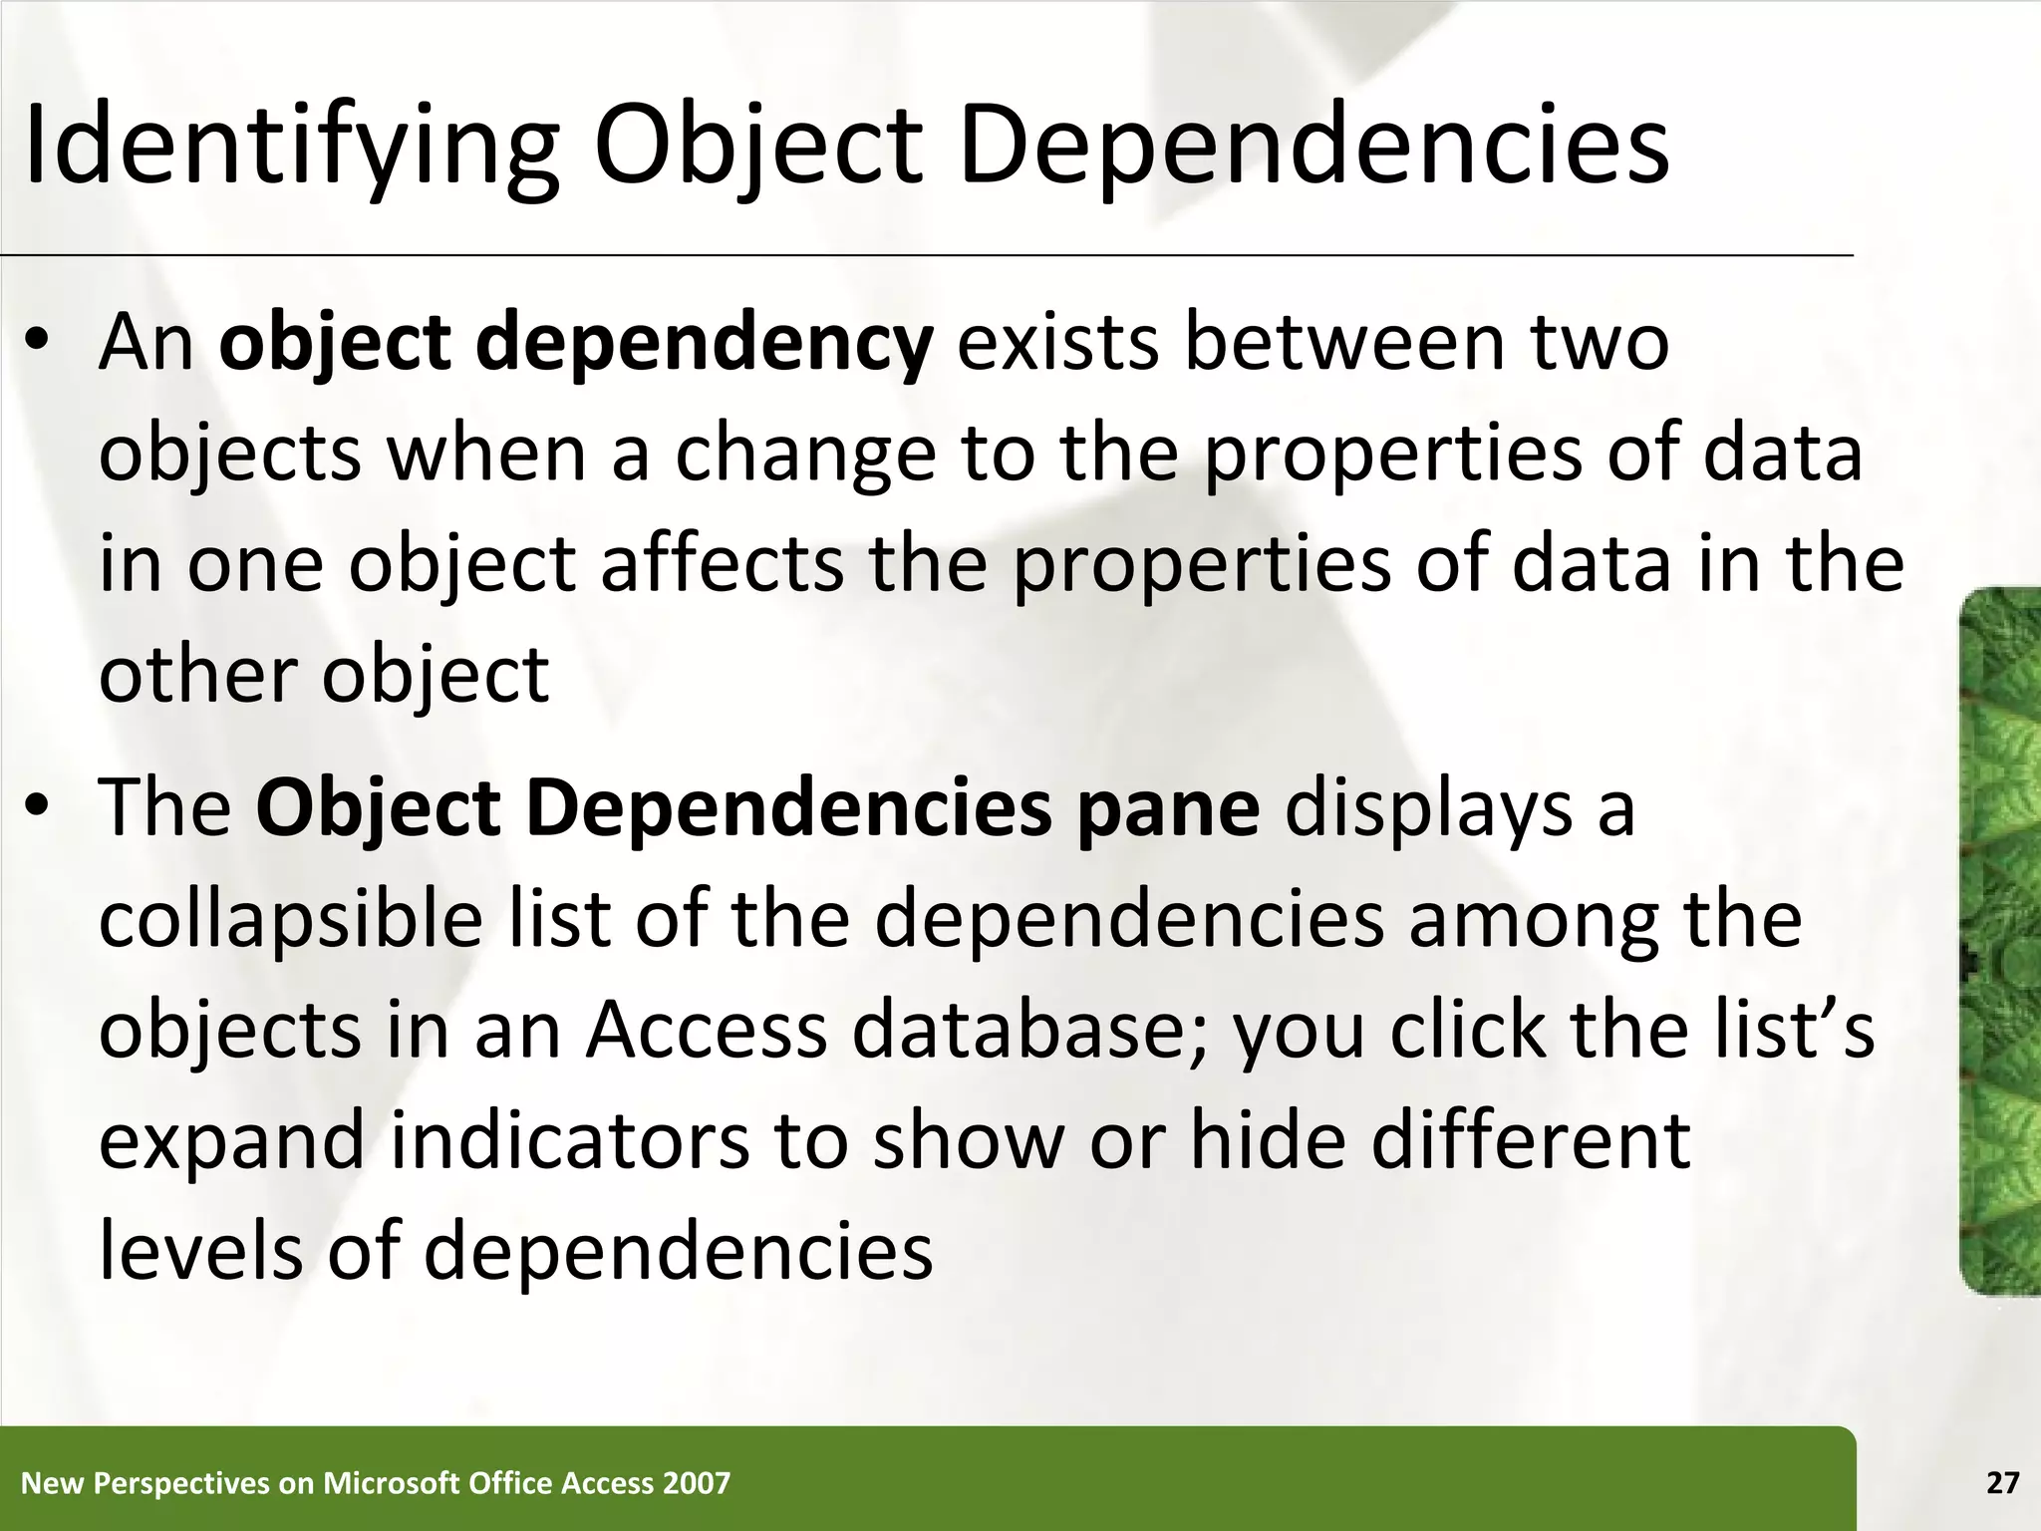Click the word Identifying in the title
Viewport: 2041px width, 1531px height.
coord(289,148)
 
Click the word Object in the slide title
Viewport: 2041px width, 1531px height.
coord(757,148)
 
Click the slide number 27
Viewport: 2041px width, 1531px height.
coord(2002,1483)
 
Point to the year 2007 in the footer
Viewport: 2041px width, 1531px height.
coord(698,1483)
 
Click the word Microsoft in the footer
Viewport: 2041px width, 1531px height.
coord(388,1483)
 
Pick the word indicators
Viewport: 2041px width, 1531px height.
coord(569,1141)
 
